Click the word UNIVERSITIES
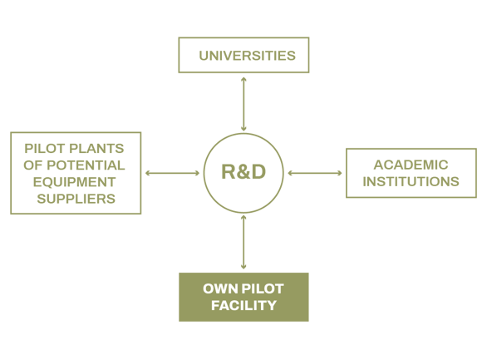coord(247,56)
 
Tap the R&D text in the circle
coord(243,171)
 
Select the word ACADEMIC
coord(411,165)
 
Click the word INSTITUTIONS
coord(411,181)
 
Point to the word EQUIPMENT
coord(75,182)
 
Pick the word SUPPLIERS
coord(76,199)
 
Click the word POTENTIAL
coord(86,165)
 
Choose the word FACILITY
coord(243,305)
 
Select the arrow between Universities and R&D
coord(243,104)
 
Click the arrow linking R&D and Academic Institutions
coord(315,173)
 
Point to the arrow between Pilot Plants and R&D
coord(172,173)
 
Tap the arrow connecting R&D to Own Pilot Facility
coord(243,242)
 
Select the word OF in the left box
coord(33,165)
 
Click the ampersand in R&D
coord(243,171)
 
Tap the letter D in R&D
coord(258,171)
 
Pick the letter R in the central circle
coord(229,171)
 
